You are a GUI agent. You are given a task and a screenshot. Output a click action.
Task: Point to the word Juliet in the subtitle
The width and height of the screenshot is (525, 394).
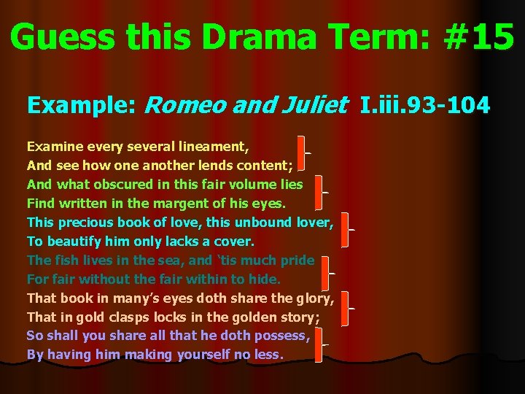[314, 107]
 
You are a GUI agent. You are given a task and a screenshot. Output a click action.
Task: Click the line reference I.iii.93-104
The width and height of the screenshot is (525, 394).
[425, 107]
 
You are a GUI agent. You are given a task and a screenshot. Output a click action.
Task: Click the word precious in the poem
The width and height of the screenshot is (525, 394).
[85, 222]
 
